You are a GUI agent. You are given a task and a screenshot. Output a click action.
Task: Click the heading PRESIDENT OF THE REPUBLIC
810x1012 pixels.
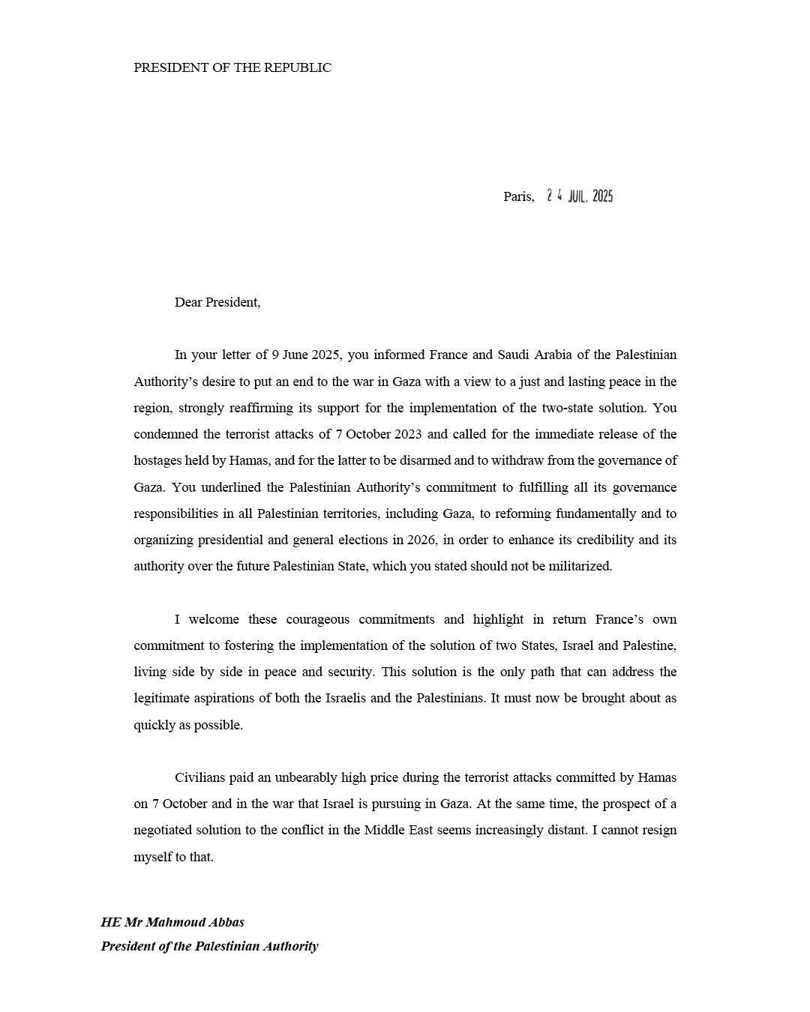tap(232, 67)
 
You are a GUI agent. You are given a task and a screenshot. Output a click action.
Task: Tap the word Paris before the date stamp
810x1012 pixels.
tap(517, 196)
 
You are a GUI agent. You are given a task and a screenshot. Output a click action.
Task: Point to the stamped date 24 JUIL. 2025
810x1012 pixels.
tap(580, 196)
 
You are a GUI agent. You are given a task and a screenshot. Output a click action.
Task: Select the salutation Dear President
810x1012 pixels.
tap(217, 302)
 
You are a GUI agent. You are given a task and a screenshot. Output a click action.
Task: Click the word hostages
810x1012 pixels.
tap(158, 460)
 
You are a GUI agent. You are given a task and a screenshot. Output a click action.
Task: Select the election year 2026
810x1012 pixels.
tap(421, 540)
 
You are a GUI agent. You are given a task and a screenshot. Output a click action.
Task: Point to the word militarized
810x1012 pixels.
tap(578, 566)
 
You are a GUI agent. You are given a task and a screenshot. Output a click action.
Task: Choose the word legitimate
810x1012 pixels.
tap(162, 698)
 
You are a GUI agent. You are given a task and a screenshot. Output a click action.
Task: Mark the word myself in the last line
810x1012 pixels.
tap(153, 857)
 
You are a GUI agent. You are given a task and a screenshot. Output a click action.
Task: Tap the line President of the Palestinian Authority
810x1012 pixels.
tap(209, 946)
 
